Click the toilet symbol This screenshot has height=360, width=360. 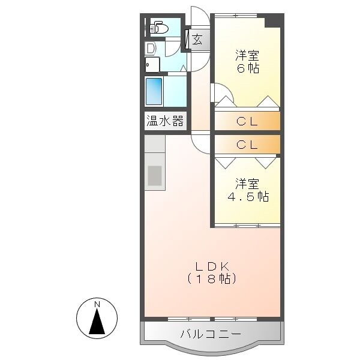coord(158,27)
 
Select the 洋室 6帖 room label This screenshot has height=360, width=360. coord(246,61)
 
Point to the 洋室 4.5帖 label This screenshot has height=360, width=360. coord(247,189)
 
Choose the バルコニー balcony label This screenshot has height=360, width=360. coord(211,334)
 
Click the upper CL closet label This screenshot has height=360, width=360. coord(247,121)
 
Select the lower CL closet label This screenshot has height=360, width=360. coord(247,145)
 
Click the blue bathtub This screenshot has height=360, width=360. coord(154,91)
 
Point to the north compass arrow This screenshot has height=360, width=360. coord(97,323)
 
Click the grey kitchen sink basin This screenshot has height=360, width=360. coord(155,176)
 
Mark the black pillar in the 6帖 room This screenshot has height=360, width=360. coord(273,20)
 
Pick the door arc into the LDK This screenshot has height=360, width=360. coord(200,143)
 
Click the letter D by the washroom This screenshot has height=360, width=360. coord(150,47)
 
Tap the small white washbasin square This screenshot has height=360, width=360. coord(152,64)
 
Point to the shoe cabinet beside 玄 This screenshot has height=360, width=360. coord(188,40)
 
